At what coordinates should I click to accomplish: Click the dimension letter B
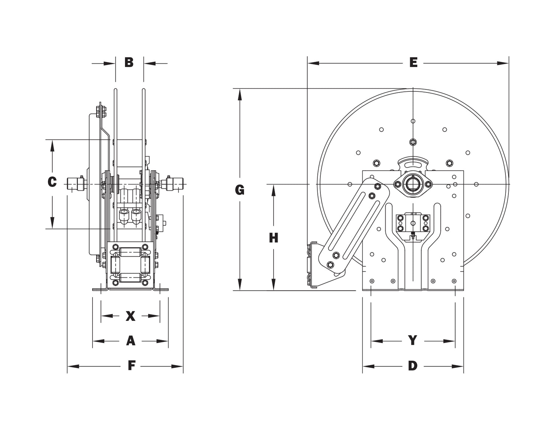(x=129, y=62)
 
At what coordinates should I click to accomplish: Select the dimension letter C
(x=52, y=182)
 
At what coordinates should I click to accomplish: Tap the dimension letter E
(x=413, y=63)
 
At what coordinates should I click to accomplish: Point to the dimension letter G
(x=240, y=190)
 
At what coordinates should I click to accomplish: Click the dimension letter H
(x=273, y=238)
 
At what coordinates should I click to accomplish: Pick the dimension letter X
(x=131, y=316)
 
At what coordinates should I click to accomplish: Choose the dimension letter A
(x=131, y=341)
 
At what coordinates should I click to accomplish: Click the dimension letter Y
(x=413, y=341)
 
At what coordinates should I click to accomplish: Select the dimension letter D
(x=413, y=366)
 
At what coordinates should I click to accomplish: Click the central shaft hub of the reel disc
(x=413, y=184)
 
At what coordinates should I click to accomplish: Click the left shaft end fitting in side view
(x=76, y=183)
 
